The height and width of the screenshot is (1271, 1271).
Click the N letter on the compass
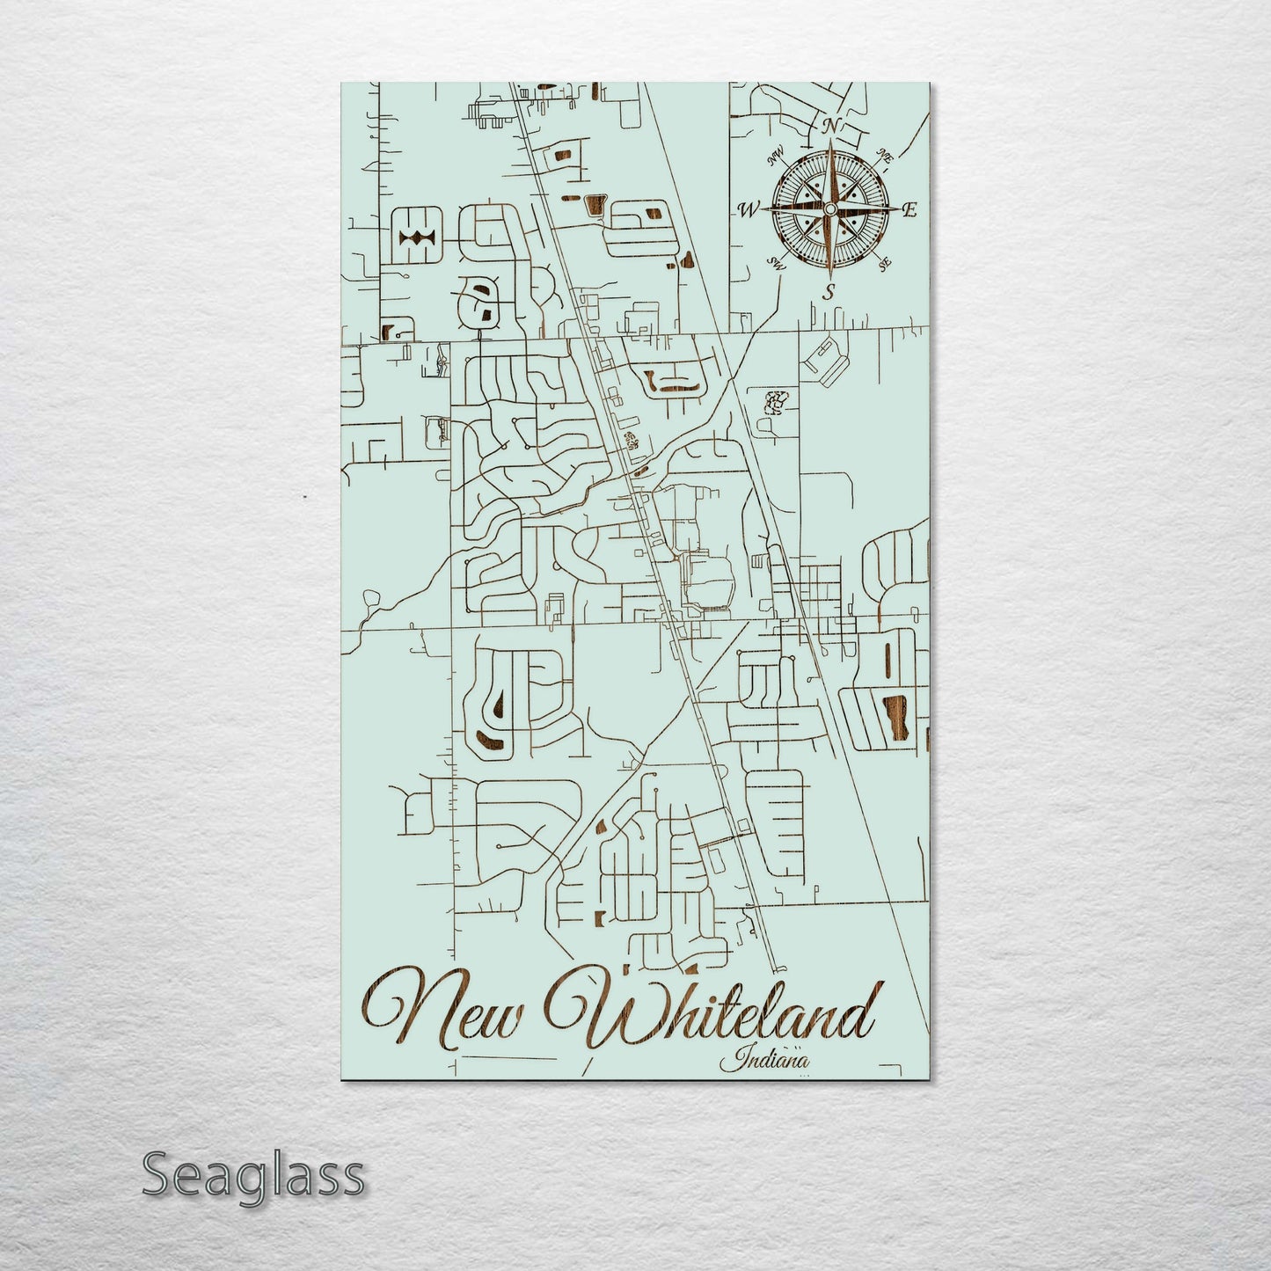pyautogui.click(x=829, y=126)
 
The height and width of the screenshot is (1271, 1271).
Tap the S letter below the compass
pyautogui.click(x=828, y=292)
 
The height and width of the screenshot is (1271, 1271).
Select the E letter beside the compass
pyautogui.click(x=910, y=209)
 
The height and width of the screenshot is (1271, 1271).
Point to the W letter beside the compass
pyautogui.click(x=749, y=209)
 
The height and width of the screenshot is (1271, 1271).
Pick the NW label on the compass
pyautogui.click(x=775, y=158)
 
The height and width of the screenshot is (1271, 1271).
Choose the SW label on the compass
pyautogui.click(x=776, y=262)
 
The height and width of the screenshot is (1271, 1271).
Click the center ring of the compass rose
pyautogui.click(x=828, y=208)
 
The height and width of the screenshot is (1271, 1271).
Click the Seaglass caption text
pyautogui.click(x=252, y=1174)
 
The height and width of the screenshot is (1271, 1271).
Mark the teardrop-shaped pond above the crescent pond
pyautogui.click(x=498, y=700)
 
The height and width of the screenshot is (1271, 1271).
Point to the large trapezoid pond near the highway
pyautogui.click(x=595, y=206)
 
